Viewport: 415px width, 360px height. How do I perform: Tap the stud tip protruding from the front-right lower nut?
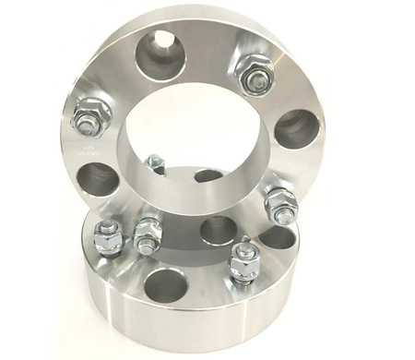pyautogui.click(x=242, y=246)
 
